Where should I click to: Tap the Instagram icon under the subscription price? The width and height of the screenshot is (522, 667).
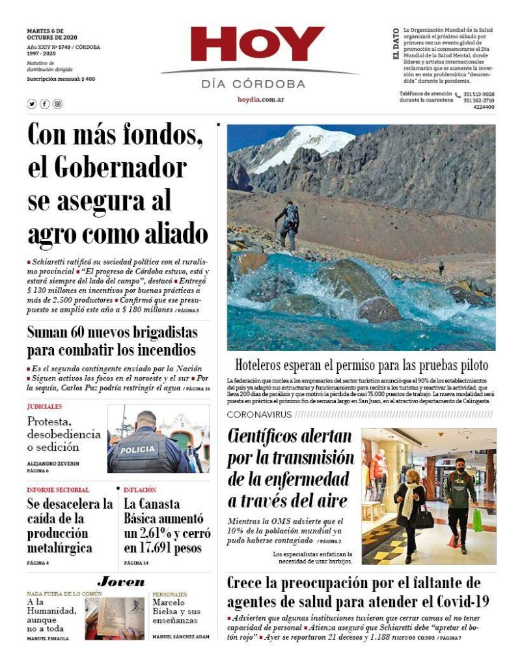coord(57,104)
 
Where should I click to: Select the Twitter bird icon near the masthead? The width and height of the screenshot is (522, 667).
coord(31,104)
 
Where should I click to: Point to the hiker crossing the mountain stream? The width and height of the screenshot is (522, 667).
coord(288,225)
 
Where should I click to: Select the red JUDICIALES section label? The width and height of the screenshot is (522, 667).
coord(44,406)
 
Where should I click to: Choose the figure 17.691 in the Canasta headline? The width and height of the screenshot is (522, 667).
coord(160,548)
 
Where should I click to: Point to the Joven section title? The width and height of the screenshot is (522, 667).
coord(121,582)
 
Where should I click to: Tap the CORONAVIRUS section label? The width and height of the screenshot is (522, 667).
coord(258,415)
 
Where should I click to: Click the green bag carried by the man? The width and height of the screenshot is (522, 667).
coord(478,519)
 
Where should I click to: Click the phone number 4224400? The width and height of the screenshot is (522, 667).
coord(484,107)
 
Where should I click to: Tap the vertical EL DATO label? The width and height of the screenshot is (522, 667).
coord(396,45)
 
